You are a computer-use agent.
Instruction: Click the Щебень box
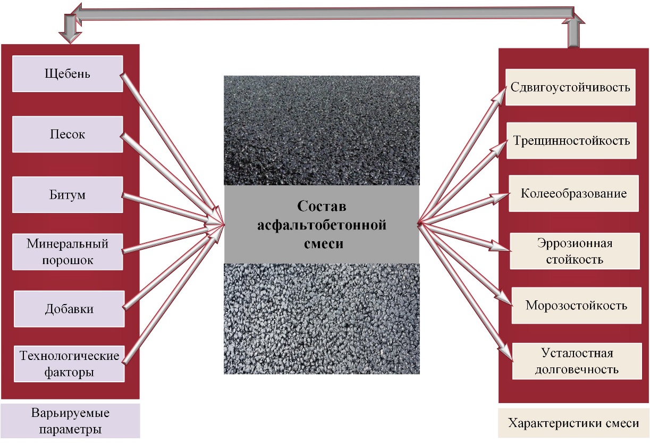pyautogui.click(x=67, y=74)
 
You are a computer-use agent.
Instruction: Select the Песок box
pyautogui.click(x=67, y=134)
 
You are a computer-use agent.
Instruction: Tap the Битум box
pyautogui.click(x=67, y=194)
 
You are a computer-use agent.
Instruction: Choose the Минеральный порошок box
pyautogui.click(x=67, y=252)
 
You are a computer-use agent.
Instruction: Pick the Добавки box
pyautogui.click(x=69, y=309)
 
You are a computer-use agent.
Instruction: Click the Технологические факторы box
pyautogui.click(x=69, y=364)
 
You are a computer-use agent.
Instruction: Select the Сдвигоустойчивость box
pyautogui.click(x=570, y=87)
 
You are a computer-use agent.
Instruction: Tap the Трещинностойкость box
pyautogui.click(x=572, y=141)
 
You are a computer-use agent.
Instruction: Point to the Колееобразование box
pyautogui.click(x=573, y=193)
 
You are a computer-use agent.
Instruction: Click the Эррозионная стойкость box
pyautogui.click(x=575, y=251)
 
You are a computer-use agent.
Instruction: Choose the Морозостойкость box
pyautogui.click(x=576, y=306)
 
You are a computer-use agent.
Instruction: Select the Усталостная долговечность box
pyautogui.click(x=577, y=361)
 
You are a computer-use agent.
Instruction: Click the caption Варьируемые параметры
pyautogui.click(x=71, y=421)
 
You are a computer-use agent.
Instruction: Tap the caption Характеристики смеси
pyautogui.click(x=573, y=423)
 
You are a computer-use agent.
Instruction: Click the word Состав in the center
pyautogui.click(x=322, y=206)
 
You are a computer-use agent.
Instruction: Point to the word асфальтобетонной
pyautogui.click(x=322, y=225)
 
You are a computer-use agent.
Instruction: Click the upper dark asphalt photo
pyautogui.click(x=322, y=130)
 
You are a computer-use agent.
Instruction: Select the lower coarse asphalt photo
pyautogui.click(x=322, y=318)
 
